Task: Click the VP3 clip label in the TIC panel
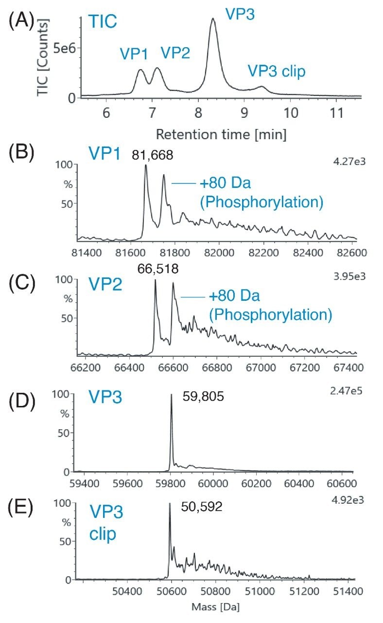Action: pos(276,72)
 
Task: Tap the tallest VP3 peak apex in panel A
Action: pos(213,19)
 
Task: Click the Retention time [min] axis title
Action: pos(221,133)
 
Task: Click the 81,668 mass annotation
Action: pos(153,156)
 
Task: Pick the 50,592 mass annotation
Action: pos(201,507)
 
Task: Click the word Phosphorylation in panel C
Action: pos(270,314)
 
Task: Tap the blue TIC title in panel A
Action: pos(103,21)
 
